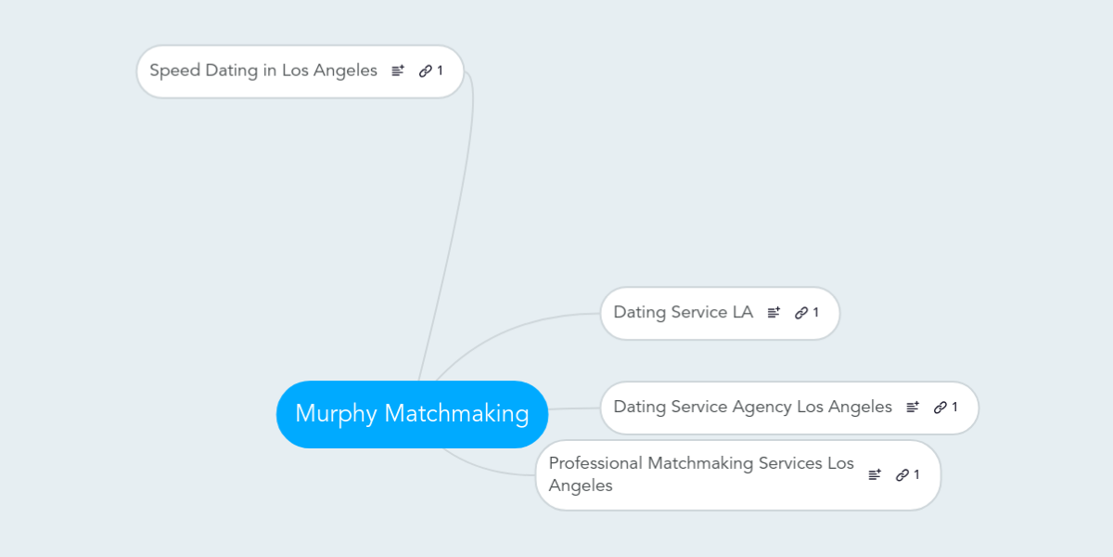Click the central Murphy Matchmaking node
click(x=412, y=414)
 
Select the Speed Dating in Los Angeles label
click(x=263, y=71)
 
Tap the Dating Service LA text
click(x=684, y=312)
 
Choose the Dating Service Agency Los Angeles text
click(x=753, y=407)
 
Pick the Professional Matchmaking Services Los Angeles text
click(x=701, y=474)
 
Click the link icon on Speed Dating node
click(x=426, y=71)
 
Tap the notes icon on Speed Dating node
click(x=398, y=71)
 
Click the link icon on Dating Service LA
click(x=801, y=313)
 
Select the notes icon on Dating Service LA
click(x=774, y=312)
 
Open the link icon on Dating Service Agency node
click(x=940, y=408)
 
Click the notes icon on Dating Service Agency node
click(x=913, y=407)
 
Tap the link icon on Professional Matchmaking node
click(x=902, y=475)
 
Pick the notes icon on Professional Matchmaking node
click(x=875, y=474)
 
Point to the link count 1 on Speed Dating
click(x=440, y=71)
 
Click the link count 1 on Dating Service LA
click(x=815, y=312)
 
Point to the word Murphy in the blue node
click(x=337, y=414)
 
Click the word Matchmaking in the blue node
click(x=456, y=414)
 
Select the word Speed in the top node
click(x=175, y=71)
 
